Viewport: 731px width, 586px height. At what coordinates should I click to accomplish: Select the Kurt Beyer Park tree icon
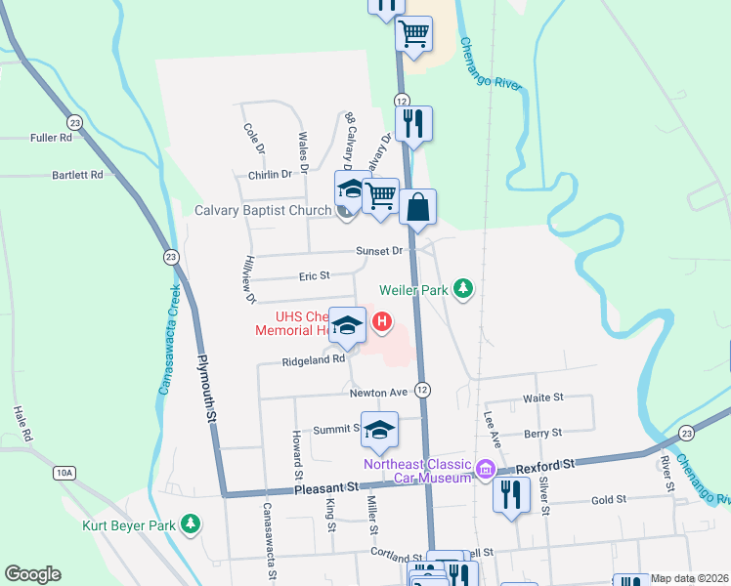pos(193,524)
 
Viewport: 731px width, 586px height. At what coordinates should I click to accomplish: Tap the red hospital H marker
pos(383,319)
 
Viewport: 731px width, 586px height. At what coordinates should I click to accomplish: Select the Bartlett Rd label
pos(77,176)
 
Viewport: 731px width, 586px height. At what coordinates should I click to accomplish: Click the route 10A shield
pos(64,473)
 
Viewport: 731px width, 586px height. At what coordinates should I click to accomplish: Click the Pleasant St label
pos(325,486)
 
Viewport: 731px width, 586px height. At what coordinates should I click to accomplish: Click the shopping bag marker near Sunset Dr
pos(417,207)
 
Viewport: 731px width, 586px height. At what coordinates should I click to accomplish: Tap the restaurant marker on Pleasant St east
pos(510,492)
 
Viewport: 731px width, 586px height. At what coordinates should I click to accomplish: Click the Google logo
pos(32,574)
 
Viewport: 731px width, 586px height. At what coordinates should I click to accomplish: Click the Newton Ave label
pos(378,393)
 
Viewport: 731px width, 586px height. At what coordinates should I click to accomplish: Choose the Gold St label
pos(608,499)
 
